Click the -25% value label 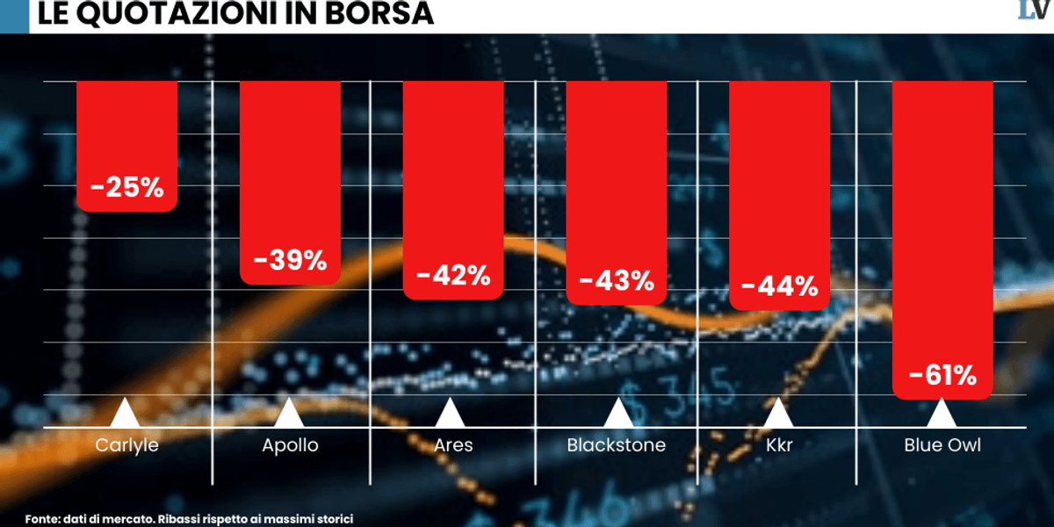(x=126, y=187)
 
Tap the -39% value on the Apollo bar (x=290, y=260)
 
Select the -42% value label (x=453, y=275)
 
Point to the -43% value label (x=617, y=281)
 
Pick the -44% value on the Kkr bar (x=779, y=286)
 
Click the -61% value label (x=942, y=376)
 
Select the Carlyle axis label (x=126, y=445)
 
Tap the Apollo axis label (x=290, y=445)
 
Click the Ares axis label (x=453, y=445)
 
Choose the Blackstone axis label (x=617, y=445)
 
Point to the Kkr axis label (x=778, y=445)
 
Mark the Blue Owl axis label (x=942, y=445)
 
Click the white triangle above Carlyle (x=125, y=414)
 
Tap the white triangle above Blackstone (x=617, y=414)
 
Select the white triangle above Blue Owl (x=942, y=414)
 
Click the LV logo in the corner (x=1035, y=11)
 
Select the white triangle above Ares (x=450, y=414)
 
